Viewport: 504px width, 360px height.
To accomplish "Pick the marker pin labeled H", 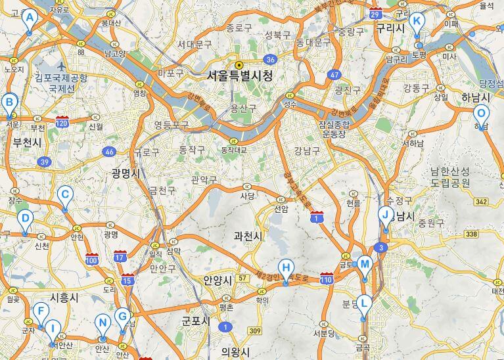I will [x=285, y=268].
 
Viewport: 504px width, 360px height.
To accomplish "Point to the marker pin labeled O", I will [x=481, y=114].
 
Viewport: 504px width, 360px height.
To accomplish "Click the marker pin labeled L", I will [x=364, y=304].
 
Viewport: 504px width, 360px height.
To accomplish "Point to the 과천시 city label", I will [x=248, y=236].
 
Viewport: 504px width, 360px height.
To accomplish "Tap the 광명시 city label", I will [x=126, y=173].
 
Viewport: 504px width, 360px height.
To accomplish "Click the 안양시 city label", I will [x=218, y=280].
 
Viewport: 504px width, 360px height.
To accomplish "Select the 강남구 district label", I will [x=306, y=150].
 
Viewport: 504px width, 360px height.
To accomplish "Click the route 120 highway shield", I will [x=63, y=122].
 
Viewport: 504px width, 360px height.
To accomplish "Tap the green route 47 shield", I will [x=335, y=75].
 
